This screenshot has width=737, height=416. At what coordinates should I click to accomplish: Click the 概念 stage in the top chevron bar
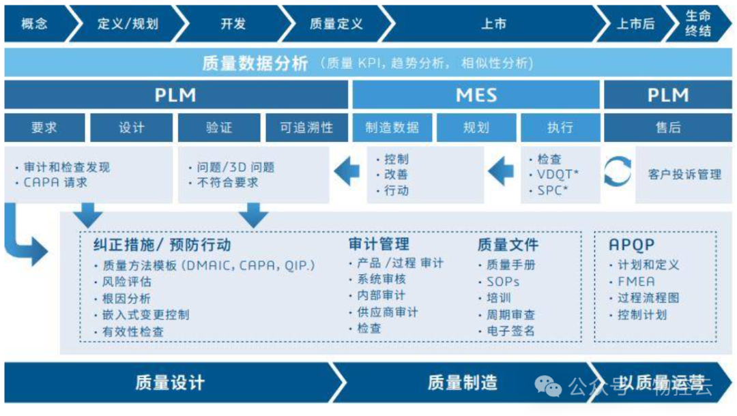point(35,24)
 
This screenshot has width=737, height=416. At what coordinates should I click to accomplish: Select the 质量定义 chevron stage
point(336,24)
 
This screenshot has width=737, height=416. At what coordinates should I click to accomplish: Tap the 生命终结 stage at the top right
point(698,24)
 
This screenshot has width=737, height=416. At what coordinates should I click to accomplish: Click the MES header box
point(476,95)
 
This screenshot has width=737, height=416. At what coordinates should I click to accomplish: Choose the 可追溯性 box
point(306,128)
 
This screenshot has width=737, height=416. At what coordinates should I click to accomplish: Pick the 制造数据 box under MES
point(392,128)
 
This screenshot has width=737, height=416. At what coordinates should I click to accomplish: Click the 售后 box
point(668,128)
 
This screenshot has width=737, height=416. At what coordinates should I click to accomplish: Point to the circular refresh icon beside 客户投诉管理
point(618,172)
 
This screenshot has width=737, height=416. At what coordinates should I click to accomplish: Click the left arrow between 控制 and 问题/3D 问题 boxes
point(347,172)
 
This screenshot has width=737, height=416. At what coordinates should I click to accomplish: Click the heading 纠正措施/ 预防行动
point(162,246)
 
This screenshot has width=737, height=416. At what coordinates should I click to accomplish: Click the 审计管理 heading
point(379,245)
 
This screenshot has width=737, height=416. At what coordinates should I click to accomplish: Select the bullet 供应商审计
point(387,312)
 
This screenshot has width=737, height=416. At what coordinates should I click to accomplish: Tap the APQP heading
point(631,246)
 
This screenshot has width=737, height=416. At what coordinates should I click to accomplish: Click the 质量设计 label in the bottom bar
point(169,383)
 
